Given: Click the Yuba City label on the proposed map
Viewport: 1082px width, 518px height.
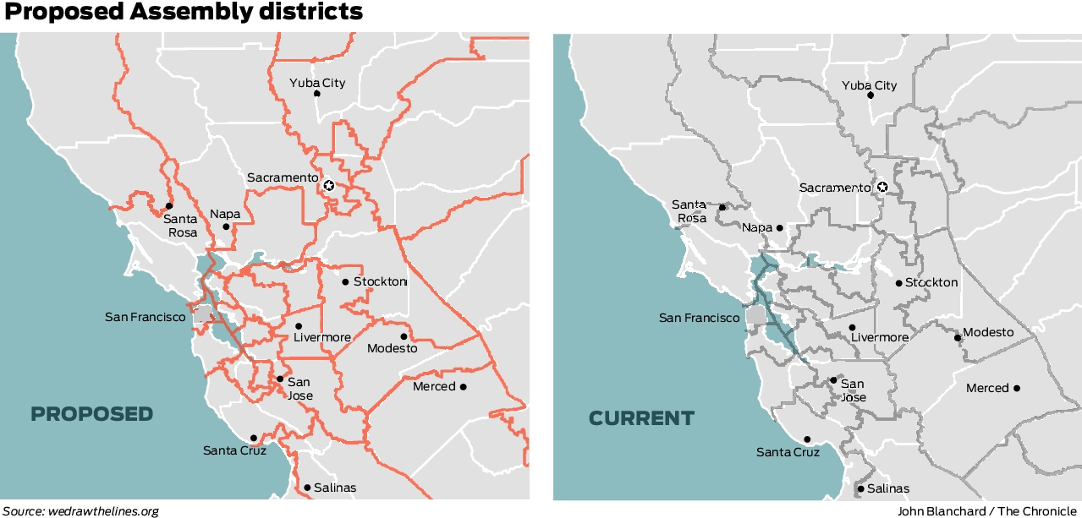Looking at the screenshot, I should [317, 83].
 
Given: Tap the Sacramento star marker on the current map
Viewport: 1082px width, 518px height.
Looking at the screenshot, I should [882, 187].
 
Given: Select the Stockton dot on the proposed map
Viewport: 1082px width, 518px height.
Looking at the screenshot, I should [345, 281].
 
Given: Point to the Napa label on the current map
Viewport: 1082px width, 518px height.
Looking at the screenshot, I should [756, 227].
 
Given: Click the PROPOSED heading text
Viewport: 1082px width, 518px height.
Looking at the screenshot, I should [92, 414].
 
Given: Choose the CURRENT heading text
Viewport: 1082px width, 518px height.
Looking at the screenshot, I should [641, 418].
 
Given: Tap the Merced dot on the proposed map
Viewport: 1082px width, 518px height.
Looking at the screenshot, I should [463, 387].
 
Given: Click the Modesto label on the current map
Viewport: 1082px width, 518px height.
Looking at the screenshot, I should [988, 332].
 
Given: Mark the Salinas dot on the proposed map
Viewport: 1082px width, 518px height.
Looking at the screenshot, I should [307, 487].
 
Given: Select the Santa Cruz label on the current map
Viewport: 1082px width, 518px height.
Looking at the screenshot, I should [788, 452].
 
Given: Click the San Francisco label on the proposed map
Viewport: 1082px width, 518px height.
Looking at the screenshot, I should [145, 317].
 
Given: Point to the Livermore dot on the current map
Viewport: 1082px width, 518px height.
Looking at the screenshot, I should [852, 327].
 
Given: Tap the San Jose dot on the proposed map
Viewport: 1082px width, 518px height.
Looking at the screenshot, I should [280, 379].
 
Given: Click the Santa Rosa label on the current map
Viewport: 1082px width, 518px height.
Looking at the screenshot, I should [689, 210].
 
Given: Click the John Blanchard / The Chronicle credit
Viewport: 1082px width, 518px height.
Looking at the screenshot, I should [987, 511].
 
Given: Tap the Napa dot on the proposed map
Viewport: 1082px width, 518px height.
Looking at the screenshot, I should [226, 226].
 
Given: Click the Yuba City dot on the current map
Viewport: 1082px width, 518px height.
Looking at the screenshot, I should [871, 95].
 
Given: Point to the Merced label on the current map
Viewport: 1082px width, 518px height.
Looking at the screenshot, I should [987, 388].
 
